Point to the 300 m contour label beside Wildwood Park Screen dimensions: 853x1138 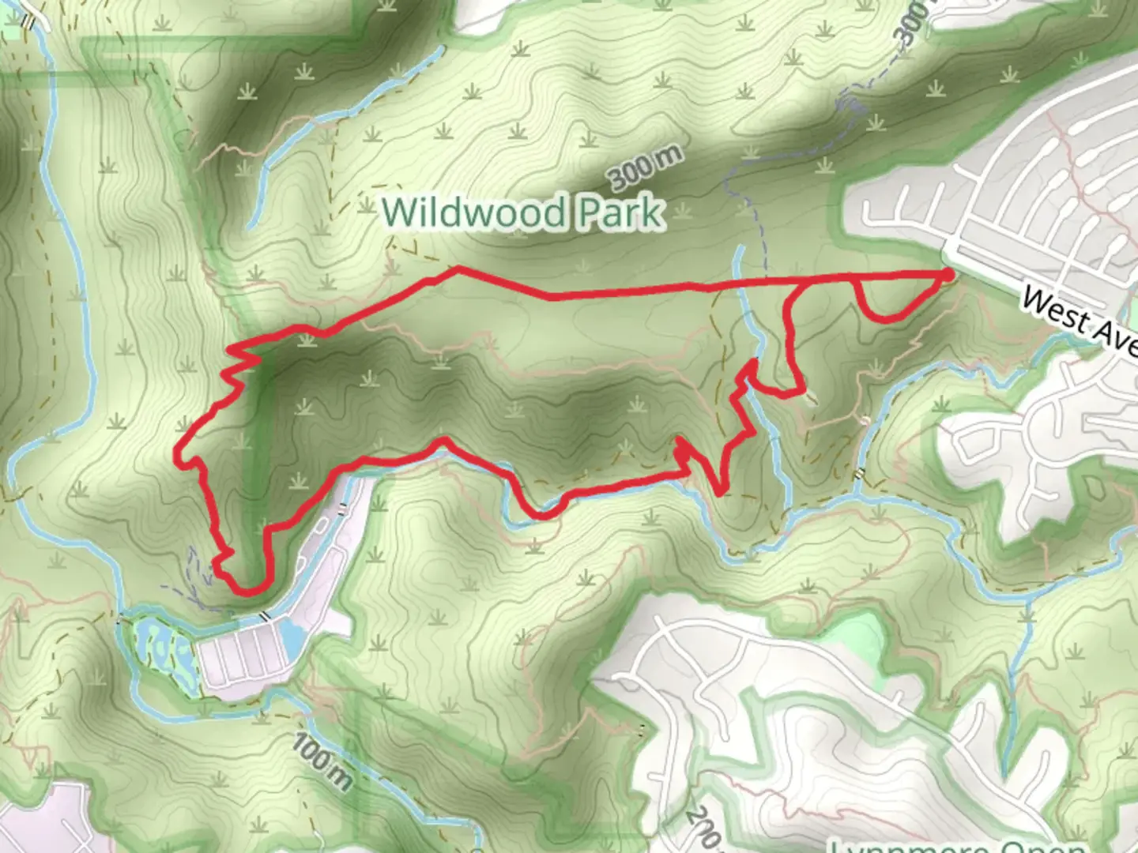point(645,168)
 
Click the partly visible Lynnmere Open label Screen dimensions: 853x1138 point(956,845)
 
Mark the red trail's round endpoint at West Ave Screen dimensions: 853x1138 point(948,274)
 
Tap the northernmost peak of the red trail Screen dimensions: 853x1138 point(457,269)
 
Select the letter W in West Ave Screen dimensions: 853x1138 point(1035,300)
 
